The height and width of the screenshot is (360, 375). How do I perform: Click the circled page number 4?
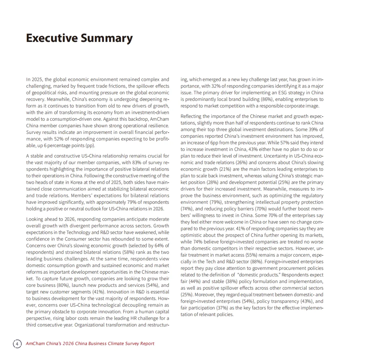coord(17,343)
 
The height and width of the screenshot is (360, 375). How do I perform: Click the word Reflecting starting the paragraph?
coord(191,116)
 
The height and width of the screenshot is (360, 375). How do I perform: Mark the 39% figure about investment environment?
coord(312,129)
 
